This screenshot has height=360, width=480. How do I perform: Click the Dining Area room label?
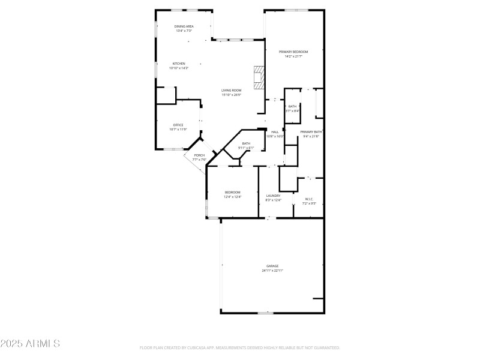click(x=184, y=26)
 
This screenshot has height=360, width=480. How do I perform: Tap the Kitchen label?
click(x=179, y=64)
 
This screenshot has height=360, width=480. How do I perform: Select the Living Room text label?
click(x=231, y=91)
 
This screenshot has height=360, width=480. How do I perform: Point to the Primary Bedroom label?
click(x=293, y=52)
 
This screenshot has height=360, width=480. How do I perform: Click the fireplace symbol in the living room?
click(x=259, y=77)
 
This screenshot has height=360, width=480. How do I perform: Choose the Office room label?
click(x=178, y=125)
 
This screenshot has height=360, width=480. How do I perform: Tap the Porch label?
click(x=199, y=155)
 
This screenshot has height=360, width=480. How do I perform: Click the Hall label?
click(x=275, y=132)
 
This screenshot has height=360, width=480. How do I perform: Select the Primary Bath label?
click(x=311, y=132)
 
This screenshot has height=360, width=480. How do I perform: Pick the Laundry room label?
click(x=274, y=196)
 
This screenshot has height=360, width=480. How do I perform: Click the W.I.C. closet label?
click(x=309, y=199)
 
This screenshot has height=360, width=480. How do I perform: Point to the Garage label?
click(x=272, y=266)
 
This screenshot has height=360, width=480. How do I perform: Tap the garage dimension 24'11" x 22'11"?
click(x=272, y=271)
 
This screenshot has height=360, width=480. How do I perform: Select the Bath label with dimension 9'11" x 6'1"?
click(x=246, y=143)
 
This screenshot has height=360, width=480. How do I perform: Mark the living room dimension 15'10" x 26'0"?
click(x=231, y=95)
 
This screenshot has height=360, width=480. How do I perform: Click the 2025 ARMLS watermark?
click(x=30, y=344)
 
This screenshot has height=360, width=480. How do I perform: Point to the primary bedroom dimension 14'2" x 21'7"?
click(x=293, y=56)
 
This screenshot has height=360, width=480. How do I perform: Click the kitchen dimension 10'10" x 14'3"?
click(x=179, y=68)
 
